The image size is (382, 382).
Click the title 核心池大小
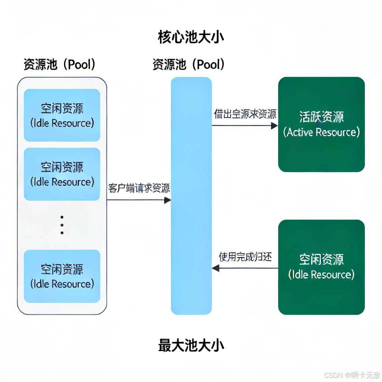click(x=191, y=37)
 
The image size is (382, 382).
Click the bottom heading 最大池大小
click(x=191, y=345)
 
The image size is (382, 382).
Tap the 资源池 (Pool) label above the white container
click(x=60, y=65)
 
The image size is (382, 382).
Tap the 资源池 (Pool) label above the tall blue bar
click(x=189, y=65)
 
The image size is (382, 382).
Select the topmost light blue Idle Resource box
click(x=62, y=115)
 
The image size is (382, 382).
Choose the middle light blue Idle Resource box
click(x=62, y=174)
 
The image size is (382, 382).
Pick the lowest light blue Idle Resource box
click(x=62, y=276)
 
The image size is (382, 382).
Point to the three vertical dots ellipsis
click(x=62, y=225)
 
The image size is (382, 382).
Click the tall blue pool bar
click(x=191, y=196)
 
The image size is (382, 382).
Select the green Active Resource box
click(x=321, y=124)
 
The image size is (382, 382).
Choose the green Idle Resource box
click(x=321, y=267)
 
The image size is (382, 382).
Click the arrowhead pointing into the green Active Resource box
click(x=275, y=126)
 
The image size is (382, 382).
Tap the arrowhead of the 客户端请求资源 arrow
click(x=167, y=200)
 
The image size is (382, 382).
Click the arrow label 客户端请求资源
click(x=139, y=188)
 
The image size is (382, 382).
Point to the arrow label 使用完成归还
click(x=245, y=257)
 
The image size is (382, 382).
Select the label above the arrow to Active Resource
click(x=245, y=114)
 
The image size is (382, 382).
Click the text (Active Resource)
click(x=321, y=132)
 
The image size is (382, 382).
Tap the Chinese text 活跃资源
click(x=321, y=117)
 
